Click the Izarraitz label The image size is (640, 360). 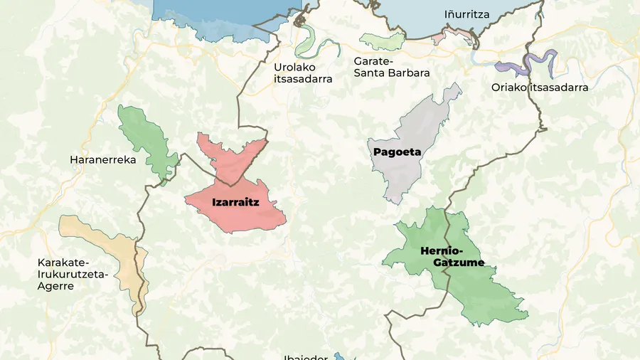point(235,202)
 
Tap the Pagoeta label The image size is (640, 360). point(397,152)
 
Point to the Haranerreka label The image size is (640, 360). point(102,160)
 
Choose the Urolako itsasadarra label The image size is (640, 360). point(303,73)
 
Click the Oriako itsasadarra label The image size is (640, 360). point(540,88)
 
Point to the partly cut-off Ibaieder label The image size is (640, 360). point(305,356)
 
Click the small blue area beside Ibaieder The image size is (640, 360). point(339,356)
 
